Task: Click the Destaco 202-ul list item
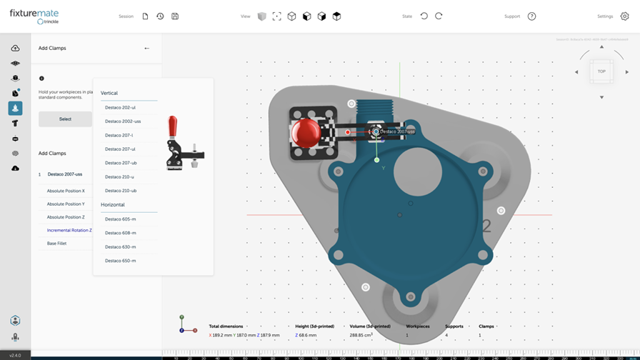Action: point(120,107)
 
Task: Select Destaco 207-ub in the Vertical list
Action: point(121,163)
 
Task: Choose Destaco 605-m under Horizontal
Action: point(120,219)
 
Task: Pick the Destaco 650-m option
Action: point(120,261)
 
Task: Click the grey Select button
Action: point(65,119)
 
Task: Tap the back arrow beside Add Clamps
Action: point(146,49)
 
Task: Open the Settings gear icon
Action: point(624,16)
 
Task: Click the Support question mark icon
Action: point(531,16)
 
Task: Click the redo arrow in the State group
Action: point(439,16)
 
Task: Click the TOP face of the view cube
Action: point(601,71)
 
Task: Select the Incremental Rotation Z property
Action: point(69,230)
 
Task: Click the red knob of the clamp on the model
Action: point(306,134)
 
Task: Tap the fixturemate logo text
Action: point(34,13)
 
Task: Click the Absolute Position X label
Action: point(66,191)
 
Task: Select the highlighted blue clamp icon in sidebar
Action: point(15,108)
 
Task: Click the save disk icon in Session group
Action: point(175,16)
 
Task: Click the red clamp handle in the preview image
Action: point(172,127)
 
